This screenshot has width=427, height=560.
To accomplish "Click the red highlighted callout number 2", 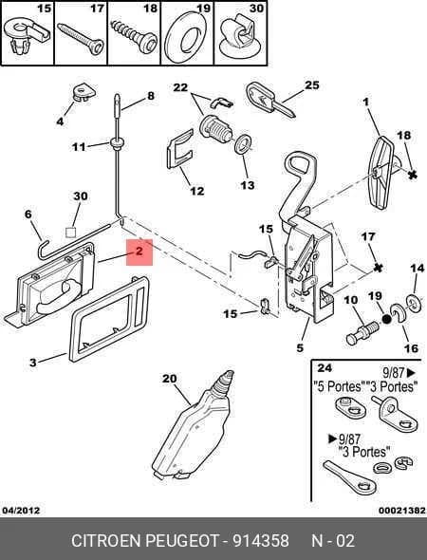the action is [139, 252].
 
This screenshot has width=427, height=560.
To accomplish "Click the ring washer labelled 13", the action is [245, 145].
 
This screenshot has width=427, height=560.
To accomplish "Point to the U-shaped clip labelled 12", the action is [180, 150].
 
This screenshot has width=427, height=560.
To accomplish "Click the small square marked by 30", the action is [70, 233].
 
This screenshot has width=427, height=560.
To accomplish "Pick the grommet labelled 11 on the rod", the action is [117, 143].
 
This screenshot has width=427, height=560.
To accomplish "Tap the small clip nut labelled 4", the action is [84, 92].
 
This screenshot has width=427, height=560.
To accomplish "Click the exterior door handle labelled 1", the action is [381, 172].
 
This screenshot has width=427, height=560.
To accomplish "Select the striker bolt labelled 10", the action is [362, 332].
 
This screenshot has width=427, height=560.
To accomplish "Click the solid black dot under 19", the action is [386, 318].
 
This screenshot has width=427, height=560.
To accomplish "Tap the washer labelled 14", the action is [415, 303].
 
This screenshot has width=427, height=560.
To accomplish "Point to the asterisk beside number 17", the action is [378, 267].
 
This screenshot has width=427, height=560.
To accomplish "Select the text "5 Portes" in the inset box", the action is [338, 386].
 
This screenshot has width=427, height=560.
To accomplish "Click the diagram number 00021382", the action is [402, 511].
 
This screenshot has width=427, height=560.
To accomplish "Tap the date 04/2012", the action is [21, 511].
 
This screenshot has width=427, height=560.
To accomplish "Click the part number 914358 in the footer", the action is [261, 540].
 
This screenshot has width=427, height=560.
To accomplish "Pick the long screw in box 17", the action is [81, 39].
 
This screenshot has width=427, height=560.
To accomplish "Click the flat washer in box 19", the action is [186, 38].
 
